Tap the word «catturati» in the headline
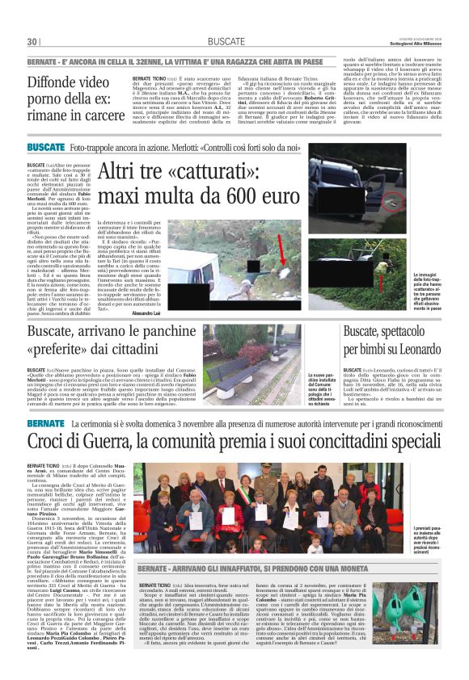[210, 170]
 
